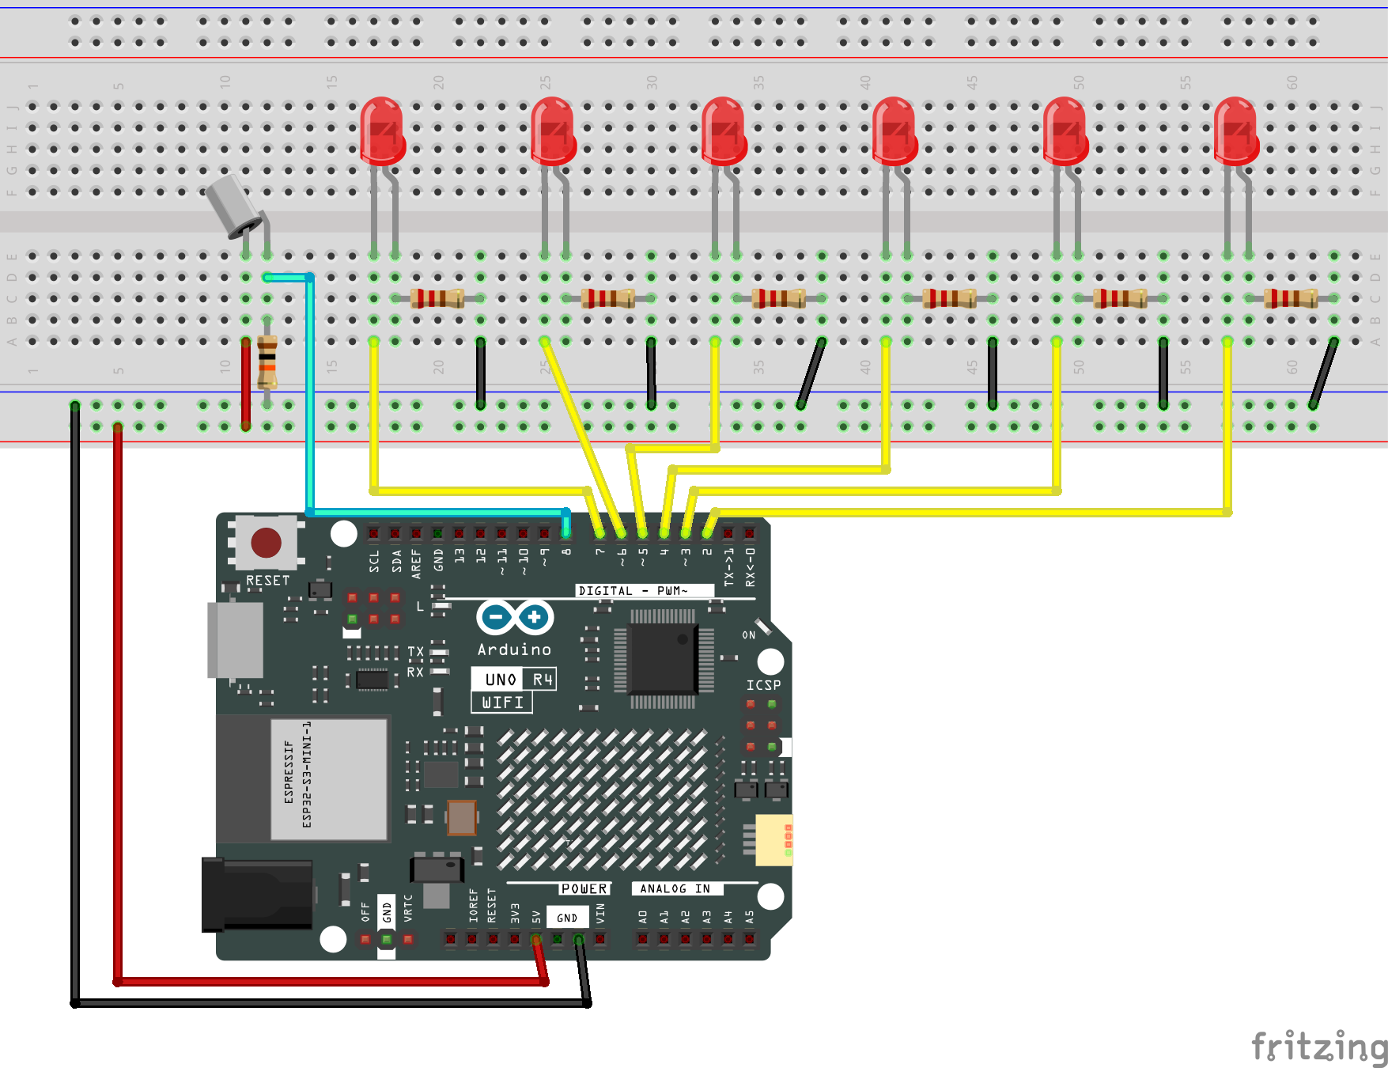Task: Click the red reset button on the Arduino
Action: point(266,543)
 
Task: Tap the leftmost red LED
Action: point(382,131)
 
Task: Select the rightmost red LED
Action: point(1235,131)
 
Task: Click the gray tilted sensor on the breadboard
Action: point(231,204)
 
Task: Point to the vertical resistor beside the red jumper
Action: point(267,362)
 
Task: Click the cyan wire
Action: point(309,396)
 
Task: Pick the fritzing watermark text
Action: point(1318,1046)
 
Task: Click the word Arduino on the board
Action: point(514,650)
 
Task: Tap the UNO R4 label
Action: point(515,680)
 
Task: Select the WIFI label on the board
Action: point(502,702)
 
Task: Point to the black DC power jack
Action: point(257,894)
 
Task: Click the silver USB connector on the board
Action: point(235,639)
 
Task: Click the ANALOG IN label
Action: point(675,888)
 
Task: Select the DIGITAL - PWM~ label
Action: point(633,590)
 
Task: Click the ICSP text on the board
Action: point(763,685)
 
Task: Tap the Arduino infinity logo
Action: point(515,616)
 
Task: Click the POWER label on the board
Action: point(584,888)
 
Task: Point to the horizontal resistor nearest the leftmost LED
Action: point(437,298)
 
